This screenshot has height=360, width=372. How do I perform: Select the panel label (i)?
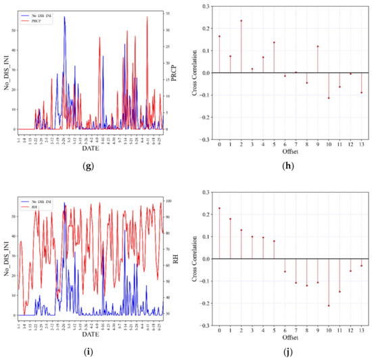coord(93,351)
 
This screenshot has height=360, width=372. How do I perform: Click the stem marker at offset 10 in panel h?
coord(329,98)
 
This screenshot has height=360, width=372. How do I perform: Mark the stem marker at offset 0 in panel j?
coord(219,208)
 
